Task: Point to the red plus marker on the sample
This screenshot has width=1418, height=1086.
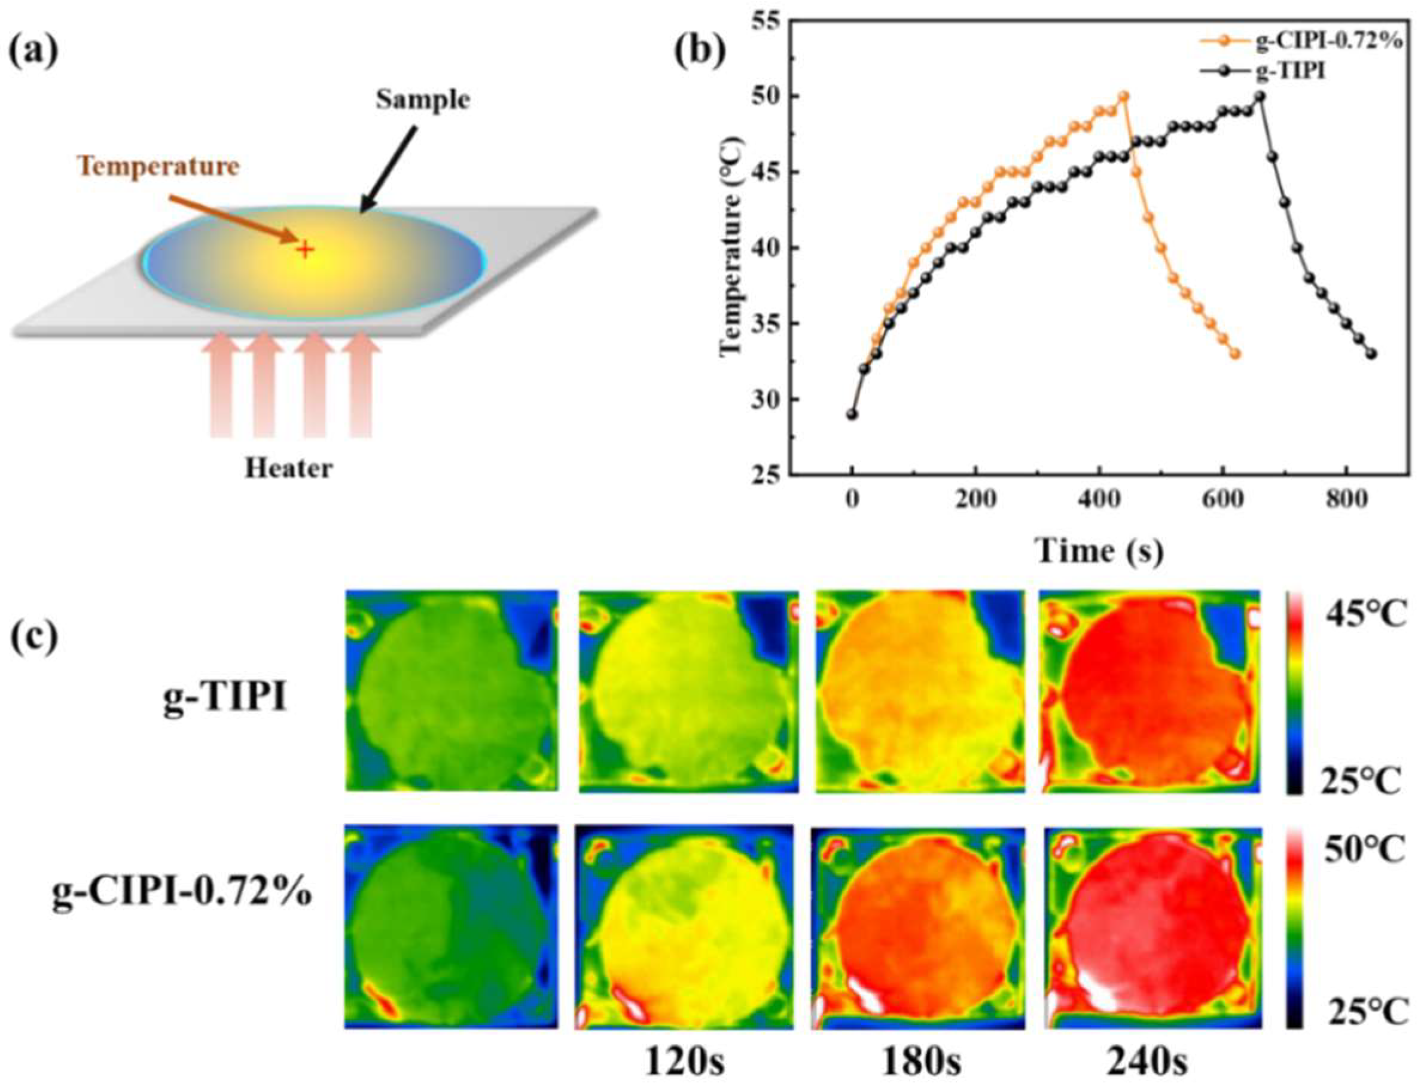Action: [x=304, y=249]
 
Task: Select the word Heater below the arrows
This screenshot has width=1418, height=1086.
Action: [x=289, y=468]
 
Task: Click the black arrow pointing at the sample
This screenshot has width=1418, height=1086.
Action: [x=388, y=168]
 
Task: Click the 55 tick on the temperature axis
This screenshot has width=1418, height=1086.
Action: [x=767, y=21]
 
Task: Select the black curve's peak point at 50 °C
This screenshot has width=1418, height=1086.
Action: [x=1260, y=96]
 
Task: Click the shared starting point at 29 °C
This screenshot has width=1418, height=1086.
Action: [x=852, y=414]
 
